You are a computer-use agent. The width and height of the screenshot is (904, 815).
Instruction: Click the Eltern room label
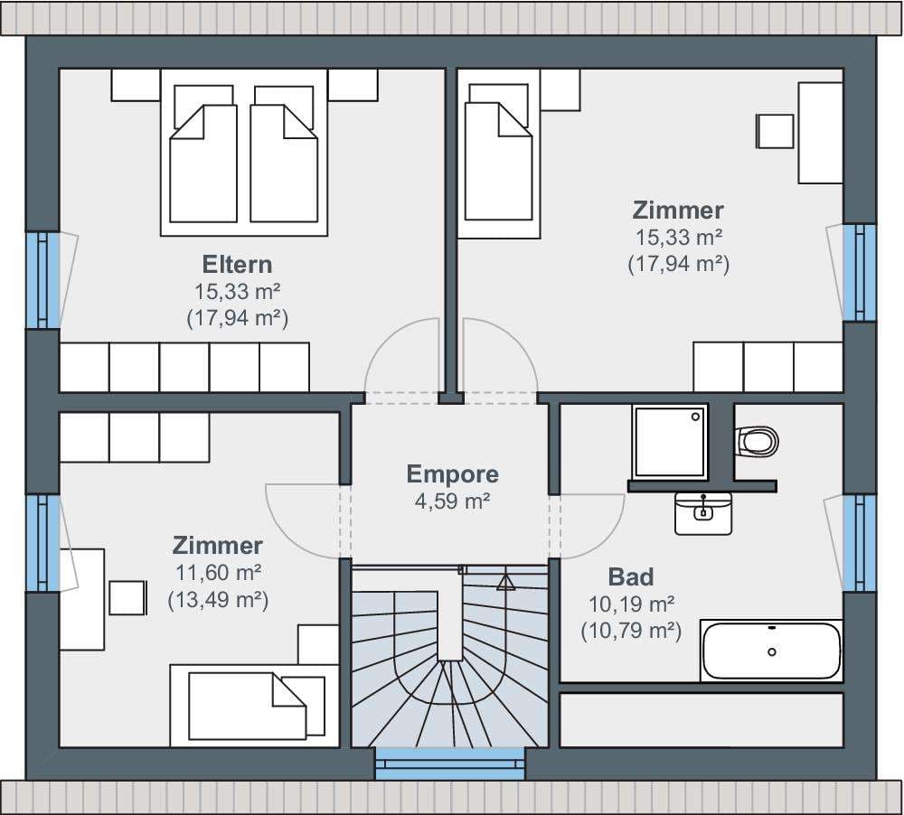point(237,265)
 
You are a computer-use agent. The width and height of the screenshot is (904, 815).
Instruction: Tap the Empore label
point(453,473)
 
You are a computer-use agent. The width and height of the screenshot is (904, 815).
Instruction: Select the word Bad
point(631,577)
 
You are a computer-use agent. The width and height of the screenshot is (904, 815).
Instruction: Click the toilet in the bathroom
point(758,442)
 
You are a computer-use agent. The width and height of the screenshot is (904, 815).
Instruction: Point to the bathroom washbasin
point(703,513)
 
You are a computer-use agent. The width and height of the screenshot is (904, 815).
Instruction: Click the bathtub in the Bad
point(771,651)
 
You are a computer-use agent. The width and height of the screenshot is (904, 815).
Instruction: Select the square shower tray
point(670,442)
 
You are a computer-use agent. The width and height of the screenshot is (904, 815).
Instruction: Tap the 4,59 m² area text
point(453,501)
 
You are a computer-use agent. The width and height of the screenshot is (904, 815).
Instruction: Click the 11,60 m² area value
point(219,573)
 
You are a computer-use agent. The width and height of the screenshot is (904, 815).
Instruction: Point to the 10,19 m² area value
point(631,604)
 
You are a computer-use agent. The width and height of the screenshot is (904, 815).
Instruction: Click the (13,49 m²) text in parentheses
point(219,600)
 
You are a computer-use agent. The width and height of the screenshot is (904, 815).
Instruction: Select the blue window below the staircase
point(450,763)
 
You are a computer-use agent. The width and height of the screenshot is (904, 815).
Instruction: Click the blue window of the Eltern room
point(42,281)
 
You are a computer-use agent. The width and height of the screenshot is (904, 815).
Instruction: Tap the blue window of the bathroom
point(860,543)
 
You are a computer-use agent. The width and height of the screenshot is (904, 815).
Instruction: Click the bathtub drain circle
point(772,651)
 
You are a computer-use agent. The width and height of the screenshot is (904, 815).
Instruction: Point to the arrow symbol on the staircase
point(505,582)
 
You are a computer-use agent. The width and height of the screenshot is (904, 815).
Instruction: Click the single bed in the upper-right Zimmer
point(499,154)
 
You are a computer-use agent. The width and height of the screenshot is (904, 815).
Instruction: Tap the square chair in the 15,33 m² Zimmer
point(775,131)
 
